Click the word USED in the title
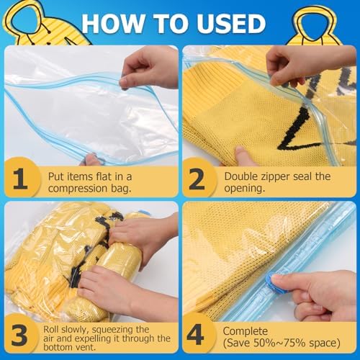230,23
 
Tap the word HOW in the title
112,23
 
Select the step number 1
20,179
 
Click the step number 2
197,179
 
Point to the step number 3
19,336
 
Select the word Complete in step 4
245,331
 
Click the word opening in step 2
245,189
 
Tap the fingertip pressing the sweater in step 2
240,153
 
